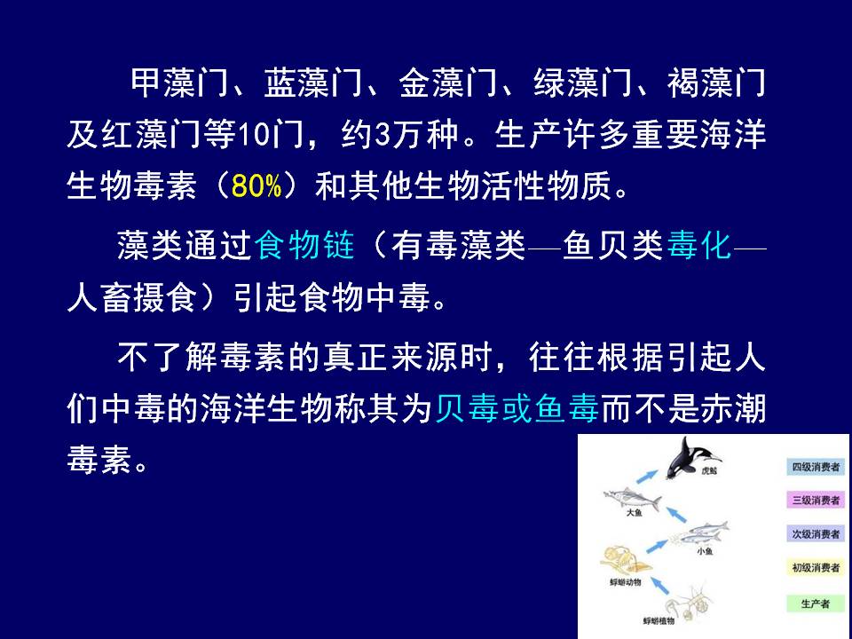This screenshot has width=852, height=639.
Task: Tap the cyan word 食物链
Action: [x=304, y=245]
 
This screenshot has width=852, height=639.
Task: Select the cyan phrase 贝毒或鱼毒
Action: [x=517, y=408]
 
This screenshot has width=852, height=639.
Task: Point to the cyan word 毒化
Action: [x=698, y=245]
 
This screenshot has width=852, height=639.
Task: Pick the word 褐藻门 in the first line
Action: [x=716, y=83]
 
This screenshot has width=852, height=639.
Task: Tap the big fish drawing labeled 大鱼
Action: [x=633, y=498]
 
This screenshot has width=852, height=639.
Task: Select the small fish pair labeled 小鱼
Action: [x=700, y=532]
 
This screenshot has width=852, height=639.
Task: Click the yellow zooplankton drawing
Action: [x=624, y=561]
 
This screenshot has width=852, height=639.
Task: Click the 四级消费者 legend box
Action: [x=816, y=467]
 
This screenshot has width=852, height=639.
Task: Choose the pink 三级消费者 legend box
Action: [x=816, y=500]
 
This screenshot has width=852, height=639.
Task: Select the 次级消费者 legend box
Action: [x=816, y=533]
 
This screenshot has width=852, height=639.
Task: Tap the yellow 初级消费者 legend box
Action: [x=816, y=567]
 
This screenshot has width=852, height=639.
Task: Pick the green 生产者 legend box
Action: [x=816, y=603]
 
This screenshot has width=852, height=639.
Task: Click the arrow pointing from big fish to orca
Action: [x=646, y=477]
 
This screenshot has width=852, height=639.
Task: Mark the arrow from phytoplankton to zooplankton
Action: [x=659, y=585]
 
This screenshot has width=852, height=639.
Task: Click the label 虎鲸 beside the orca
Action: [x=709, y=470]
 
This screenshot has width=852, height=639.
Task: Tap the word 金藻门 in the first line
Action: [x=447, y=83]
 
